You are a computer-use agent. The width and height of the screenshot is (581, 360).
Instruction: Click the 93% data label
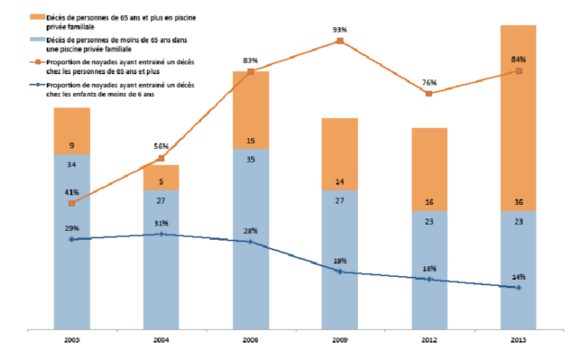340,29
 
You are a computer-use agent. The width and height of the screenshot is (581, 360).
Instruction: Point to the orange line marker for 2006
250,72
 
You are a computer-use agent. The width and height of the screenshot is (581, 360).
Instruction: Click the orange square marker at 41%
71,203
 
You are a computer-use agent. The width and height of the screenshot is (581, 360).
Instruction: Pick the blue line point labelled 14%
518,287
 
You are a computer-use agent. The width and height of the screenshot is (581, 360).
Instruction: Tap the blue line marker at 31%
161,234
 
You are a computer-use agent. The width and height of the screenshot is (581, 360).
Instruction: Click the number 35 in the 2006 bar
250,161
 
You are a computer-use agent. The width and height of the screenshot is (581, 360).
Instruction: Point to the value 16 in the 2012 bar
429,203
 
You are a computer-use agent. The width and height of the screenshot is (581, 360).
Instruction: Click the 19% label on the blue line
340,261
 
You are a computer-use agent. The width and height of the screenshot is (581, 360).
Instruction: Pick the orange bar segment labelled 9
71,131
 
